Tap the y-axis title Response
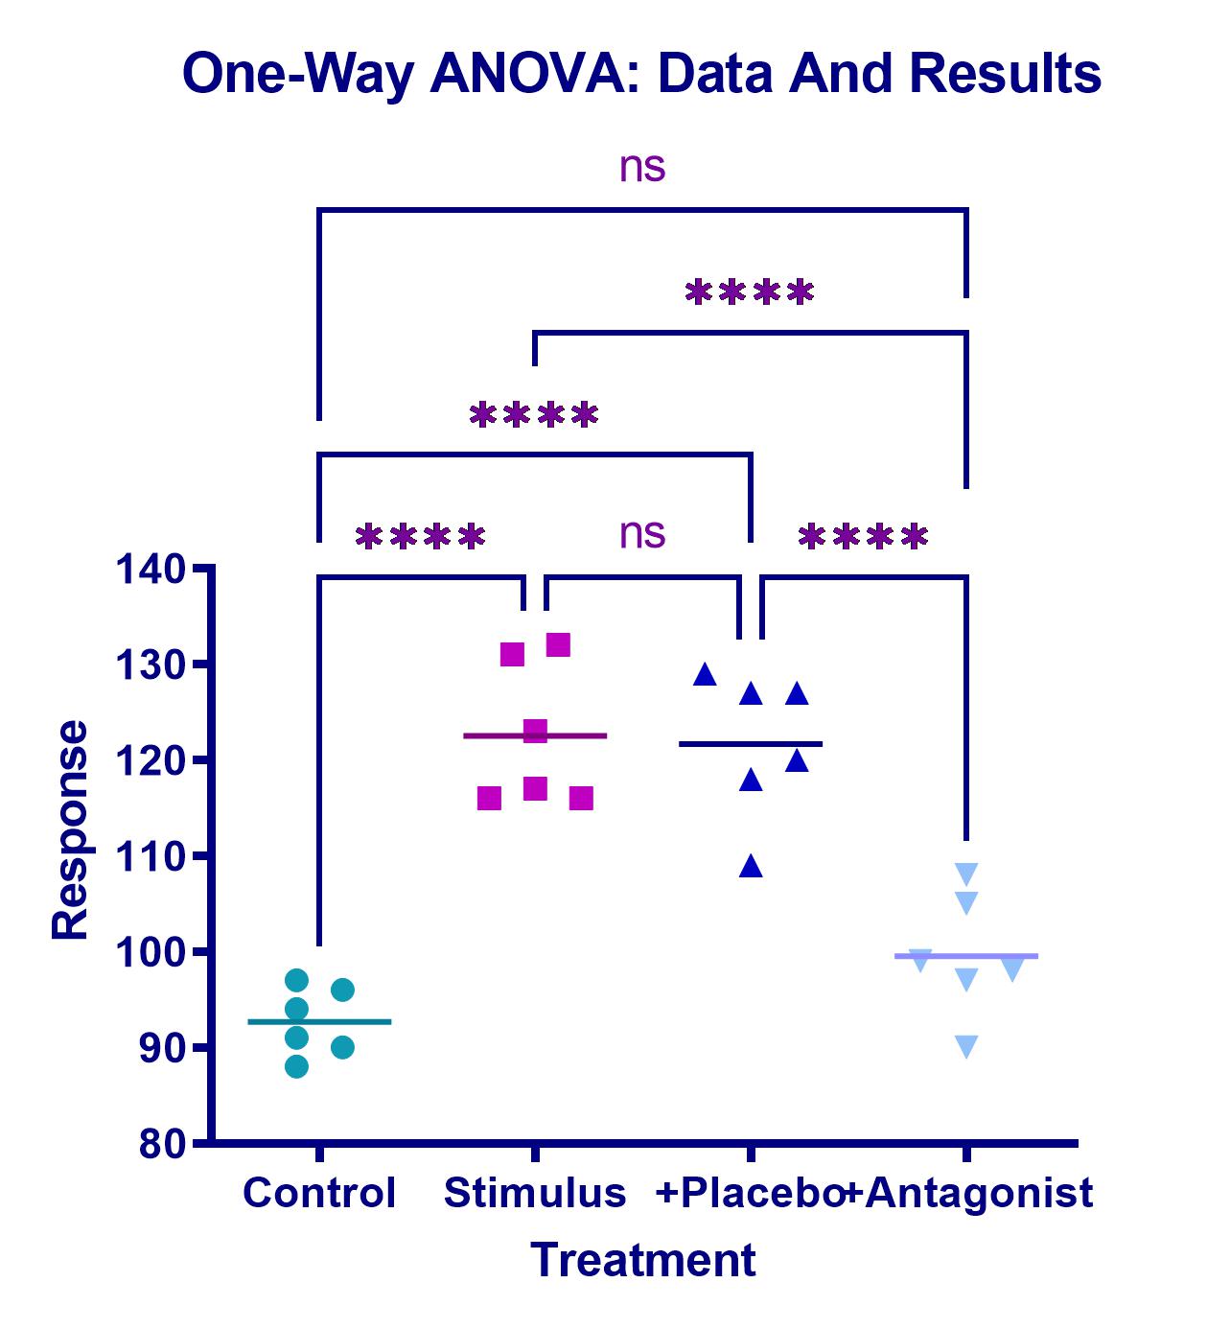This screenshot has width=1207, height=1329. point(70,829)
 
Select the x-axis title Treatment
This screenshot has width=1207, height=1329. point(643,1260)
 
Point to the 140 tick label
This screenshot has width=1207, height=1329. point(151,570)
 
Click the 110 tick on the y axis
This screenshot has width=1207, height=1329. point(151,856)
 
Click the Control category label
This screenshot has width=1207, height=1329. point(319,1193)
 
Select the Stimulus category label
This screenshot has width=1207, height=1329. point(535,1193)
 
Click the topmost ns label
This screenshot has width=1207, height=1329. point(642,167)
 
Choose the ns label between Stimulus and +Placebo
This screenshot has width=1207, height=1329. point(642,534)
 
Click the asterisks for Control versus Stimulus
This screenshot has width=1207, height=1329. point(420,537)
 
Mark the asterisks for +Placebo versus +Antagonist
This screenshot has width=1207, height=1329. point(864,537)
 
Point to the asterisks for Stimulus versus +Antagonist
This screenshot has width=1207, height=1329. point(750,292)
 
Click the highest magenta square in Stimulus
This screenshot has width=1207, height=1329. point(558,645)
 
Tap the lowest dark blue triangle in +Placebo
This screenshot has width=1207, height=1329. point(751,867)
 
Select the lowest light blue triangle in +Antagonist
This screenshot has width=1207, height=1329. point(966,1046)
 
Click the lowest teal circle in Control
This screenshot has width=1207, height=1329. point(297,1066)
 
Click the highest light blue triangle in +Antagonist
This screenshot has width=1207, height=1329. point(966,874)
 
